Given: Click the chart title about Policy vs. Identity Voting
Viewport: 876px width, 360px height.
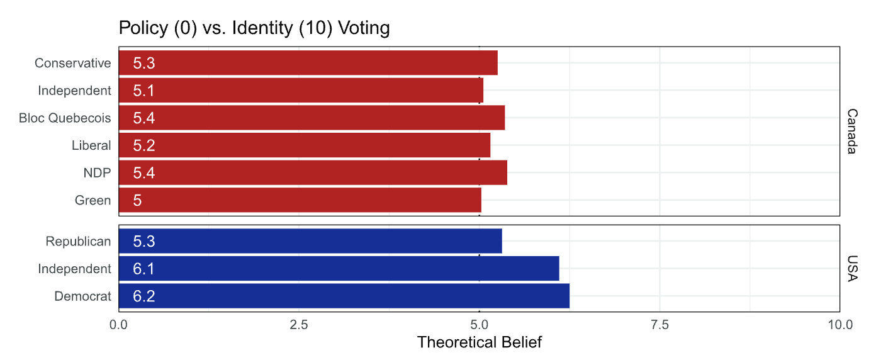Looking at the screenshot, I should pos(254,28).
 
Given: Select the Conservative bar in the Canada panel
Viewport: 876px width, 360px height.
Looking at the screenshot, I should pos(308,63).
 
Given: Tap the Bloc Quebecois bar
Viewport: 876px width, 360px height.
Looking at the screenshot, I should pos(312,118).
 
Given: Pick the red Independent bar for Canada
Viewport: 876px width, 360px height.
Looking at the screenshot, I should pos(301,91).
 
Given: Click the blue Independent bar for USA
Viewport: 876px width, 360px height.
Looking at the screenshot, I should pos(339,269).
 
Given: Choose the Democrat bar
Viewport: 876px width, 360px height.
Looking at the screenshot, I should pos(344,296).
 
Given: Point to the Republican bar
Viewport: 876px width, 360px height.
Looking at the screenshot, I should pos(310,241).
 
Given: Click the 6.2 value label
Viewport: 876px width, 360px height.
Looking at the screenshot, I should pos(144,296).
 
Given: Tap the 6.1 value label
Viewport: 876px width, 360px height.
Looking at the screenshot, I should pos(144,269).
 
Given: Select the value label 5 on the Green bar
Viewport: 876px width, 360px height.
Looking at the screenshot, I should pos(137,201).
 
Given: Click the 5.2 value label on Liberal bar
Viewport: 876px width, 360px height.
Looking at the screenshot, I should pos(144,145).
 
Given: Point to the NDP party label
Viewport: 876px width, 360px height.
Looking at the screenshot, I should pos(97,173).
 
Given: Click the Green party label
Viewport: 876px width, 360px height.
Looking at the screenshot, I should pos(93,201).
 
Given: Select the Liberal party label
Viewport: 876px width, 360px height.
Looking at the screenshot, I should pos(91,145).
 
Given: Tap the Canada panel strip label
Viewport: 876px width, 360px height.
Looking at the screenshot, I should pos(851,131).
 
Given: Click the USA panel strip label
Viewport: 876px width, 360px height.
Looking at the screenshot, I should pos(851,269).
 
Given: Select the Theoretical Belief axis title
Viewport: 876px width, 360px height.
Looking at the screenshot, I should pos(479,343).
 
